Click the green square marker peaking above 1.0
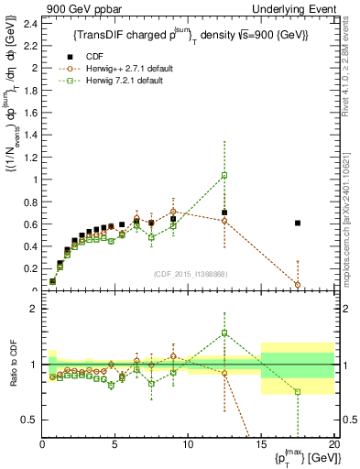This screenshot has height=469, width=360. pos(224,175)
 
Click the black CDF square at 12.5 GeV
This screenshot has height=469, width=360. pos(224,213)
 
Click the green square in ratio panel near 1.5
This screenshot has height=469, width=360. pos(224,333)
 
